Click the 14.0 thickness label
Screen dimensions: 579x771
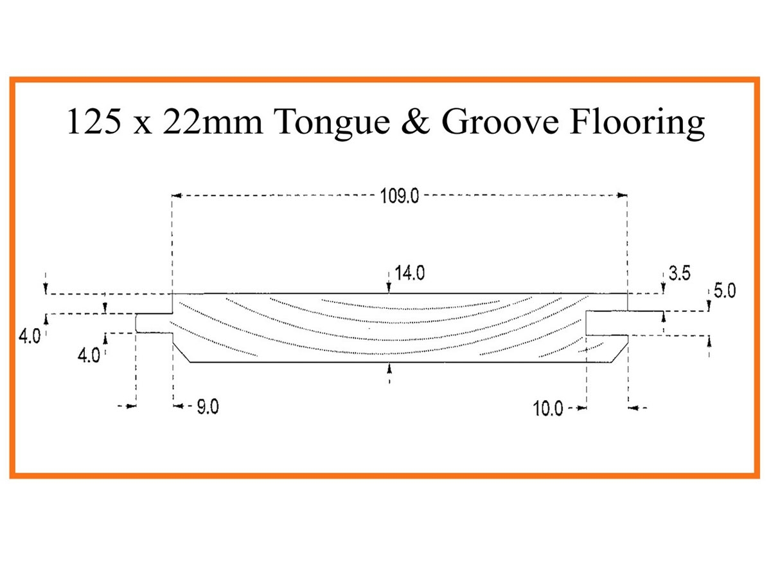tap(410, 273)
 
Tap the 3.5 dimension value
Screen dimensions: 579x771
tap(679, 273)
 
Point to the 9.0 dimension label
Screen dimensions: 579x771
tap(207, 408)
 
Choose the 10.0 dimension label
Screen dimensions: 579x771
tap(548, 409)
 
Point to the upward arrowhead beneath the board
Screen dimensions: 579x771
tap(389, 368)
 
